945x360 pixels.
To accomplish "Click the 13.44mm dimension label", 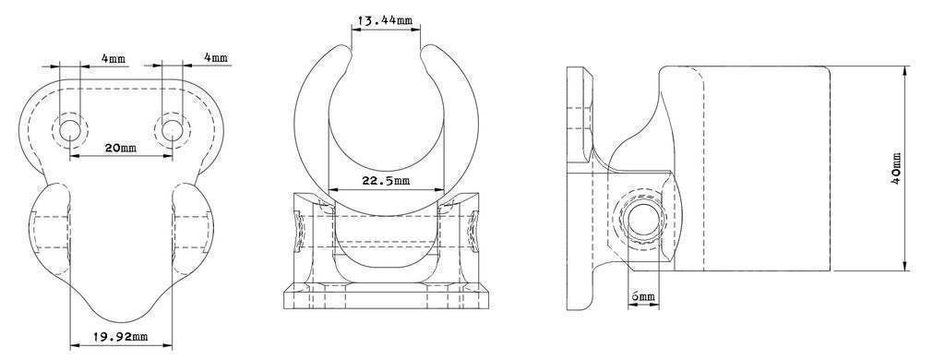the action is point(385,20).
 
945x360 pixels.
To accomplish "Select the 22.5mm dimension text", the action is point(386,180).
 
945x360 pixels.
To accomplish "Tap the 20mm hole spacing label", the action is point(121,147).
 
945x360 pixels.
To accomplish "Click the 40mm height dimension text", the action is point(895,168).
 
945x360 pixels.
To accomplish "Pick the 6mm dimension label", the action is point(643,296).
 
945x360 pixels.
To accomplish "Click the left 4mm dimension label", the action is point(114,58).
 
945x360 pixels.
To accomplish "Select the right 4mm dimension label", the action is point(216,57).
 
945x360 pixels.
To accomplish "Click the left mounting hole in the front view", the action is point(70,129).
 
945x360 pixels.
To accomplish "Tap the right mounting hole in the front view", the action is point(173,129).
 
